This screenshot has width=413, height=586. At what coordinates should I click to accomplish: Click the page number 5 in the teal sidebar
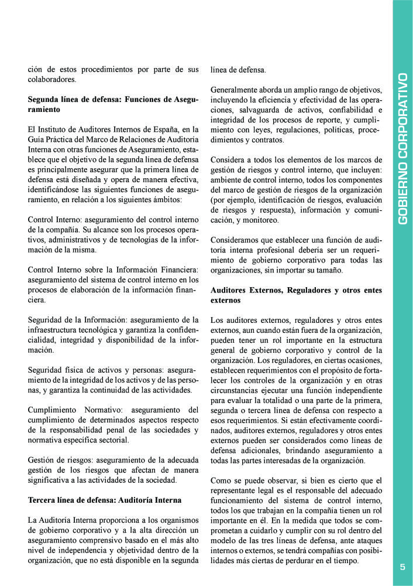(x=402, y=567)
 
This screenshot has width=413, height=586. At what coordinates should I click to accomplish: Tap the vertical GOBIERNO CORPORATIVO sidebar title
(x=402, y=148)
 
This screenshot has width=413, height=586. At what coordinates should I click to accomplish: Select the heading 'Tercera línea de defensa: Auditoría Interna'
(x=105, y=500)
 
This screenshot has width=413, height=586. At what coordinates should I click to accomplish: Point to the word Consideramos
(x=236, y=240)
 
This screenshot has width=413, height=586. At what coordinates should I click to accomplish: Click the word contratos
(x=267, y=140)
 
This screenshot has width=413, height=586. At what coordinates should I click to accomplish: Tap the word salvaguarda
(x=261, y=110)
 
